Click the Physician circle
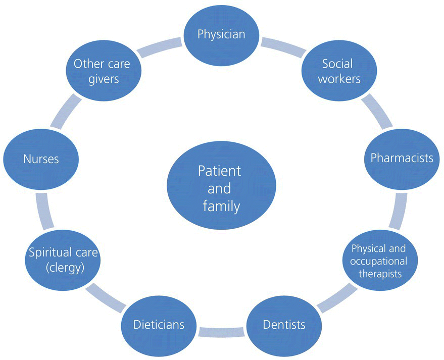coord(221,35)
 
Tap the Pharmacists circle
coord(402,158)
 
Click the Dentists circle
coord(284,324)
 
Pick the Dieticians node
coord(159,324)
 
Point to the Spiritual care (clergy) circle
coord(63,260)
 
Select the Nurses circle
coord(41,159)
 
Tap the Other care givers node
coord(102,71)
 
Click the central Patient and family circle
coord(221,188)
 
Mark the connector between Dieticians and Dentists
coord(222,332)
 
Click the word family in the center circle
coord(221,206)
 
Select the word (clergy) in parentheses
coord(63,268)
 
